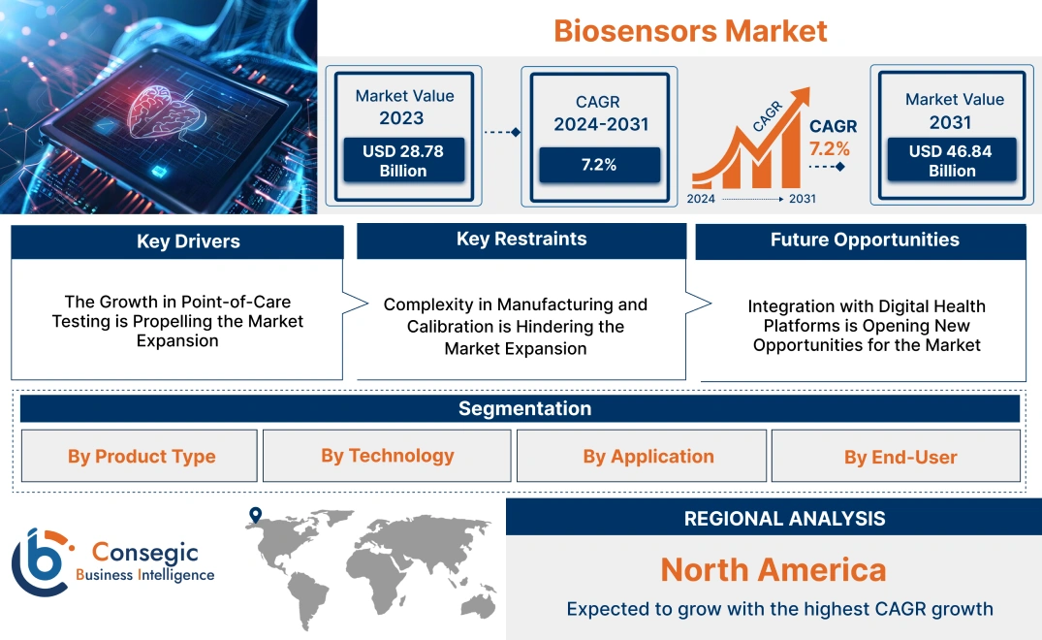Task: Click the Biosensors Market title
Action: (x=690, y=30)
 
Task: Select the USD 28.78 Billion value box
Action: (x=402, y=160)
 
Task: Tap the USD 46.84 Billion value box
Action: (x=953, y=160)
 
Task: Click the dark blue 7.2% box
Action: (x=599, y=165)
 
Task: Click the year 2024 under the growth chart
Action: (x=702, y=199)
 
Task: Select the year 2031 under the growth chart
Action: (x=802, y=199)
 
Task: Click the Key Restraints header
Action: (x=521, y=240)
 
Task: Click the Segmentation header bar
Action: (x=524, y=408)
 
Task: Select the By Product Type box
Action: (x=141, y=457)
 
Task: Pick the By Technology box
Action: (x=387, y=456)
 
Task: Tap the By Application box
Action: (x=647, y=457)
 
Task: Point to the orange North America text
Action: (x=773, y=569)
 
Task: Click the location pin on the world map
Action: (x=255, y=516)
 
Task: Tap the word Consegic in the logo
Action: (x=144, y=553)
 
